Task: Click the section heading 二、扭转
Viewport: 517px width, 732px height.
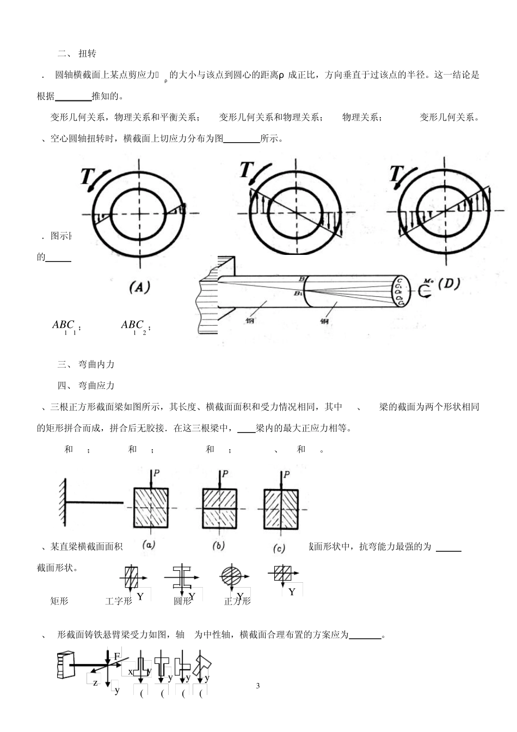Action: (77, 53)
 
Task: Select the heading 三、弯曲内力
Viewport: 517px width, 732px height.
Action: (86, 364)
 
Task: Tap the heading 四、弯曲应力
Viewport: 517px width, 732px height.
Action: (86, 386)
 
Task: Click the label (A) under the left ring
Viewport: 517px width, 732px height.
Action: (139, 288)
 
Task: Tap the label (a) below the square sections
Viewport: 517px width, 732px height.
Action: (149, 544)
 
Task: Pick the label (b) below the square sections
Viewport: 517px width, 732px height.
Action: (218, 545)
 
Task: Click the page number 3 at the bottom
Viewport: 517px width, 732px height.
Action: (258, 685)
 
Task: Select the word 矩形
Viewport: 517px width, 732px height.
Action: (59, 601)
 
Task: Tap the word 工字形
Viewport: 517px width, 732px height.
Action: (119, 601)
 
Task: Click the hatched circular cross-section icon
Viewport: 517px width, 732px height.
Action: (230, 576)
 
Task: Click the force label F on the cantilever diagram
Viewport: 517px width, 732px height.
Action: (116, 656)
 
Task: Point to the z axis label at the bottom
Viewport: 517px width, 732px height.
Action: (95, 682)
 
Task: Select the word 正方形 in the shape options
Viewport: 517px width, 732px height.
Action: (237, 601)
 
